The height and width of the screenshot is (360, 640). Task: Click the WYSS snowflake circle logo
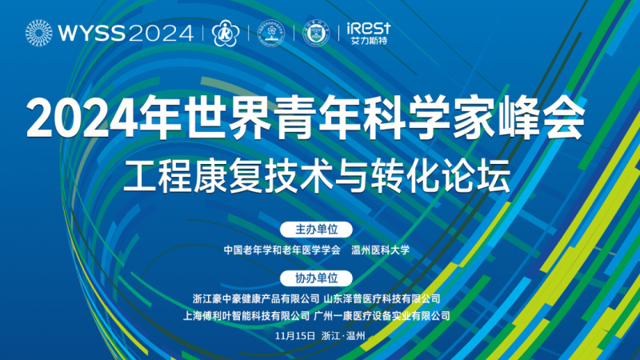pyautogui.click(x=38, y=33)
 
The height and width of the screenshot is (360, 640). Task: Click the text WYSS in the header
pyautogui.click(x=91, y=33)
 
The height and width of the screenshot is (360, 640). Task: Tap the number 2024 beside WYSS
pyautogui.click(x=161, y=33)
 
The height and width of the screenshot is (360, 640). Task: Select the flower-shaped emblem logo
pyautogui.click(x=226, y=33)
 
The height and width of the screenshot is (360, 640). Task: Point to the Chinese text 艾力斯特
pyautogui.click(x=369, y=41)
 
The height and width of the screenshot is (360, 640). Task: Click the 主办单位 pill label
pyautogui.click(x=316, y=230)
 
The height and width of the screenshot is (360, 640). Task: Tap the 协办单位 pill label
pyautogui.click(x=316, y=278)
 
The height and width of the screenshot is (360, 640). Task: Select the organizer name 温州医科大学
pyautogui.click(x=381, y=250)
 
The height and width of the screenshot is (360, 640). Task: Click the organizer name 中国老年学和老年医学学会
pyautogui.click(x=282, y=250)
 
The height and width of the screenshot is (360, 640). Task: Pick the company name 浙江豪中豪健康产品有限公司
pyautogui.click(x=256, y=299)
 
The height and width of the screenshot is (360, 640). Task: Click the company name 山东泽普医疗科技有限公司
pyautogui.click(x=382, y=299)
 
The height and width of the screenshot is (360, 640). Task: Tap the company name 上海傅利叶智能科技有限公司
pyautogui.click(x=246, y=316)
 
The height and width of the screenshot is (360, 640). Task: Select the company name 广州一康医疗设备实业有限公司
pyautogui.click(x=382, y=316)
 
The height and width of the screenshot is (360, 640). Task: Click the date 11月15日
pyautogui.click(x=295, y=336)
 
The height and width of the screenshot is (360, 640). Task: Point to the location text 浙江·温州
pyautogui.click(x=343, y=336)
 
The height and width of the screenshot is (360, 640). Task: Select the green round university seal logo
pyautogui.click(x=316, y=33)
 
